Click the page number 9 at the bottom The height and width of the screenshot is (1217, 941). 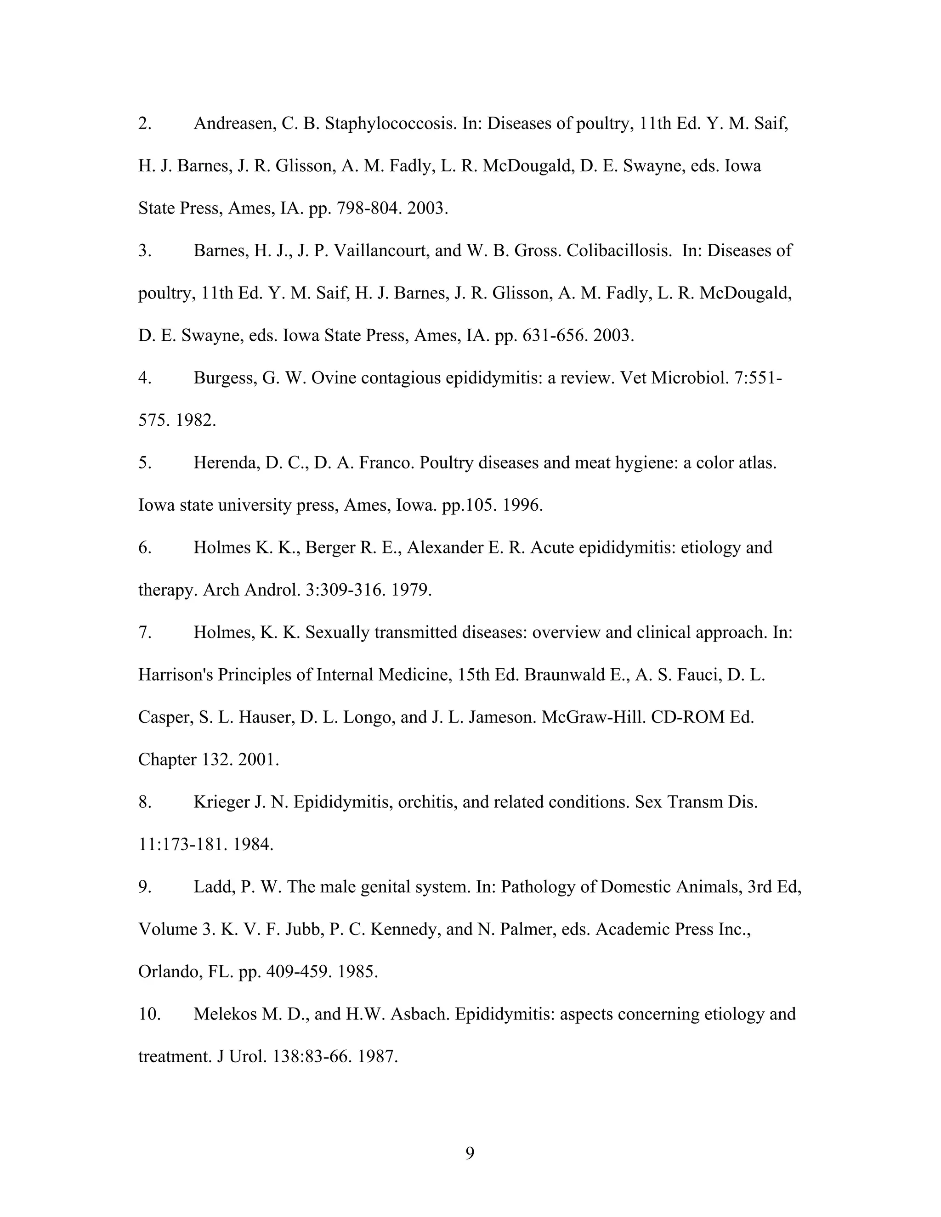pyautogui.click(x=470, y=1153)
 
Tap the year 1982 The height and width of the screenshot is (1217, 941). pyautogui.click(x=195, y=421)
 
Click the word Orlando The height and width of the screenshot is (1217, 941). pyautogui.click(x=170, y=972)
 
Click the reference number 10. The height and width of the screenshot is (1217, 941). pyautogui.click(x=149, y=1014)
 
